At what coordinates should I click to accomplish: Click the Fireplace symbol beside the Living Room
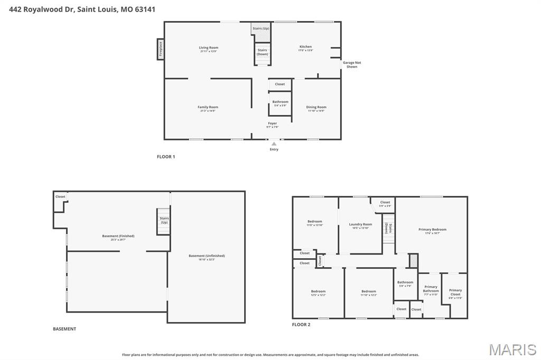(x=161, y=49)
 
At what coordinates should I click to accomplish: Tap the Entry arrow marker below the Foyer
(x=274, y=143)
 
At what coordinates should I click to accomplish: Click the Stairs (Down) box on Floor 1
(x=262, y=52)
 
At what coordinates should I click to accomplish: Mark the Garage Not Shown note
(x=352, y=64)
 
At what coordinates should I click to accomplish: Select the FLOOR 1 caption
(x=166, y=157)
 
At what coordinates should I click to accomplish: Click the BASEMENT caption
(x=64, y=329)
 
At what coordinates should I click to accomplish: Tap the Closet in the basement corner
(x=60, y=197)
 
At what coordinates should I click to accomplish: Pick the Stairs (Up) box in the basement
(x=164, y=220)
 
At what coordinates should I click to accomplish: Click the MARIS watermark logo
(x=512, y=349)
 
